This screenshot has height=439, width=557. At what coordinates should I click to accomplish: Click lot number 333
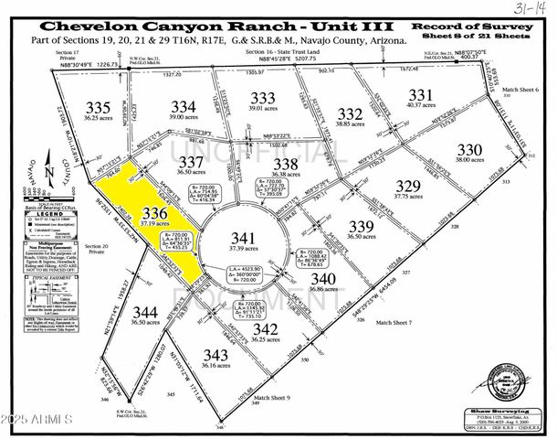pos(263,99)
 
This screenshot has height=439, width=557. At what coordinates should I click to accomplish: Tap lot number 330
pos(468,149)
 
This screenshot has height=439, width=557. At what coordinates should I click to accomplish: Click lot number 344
pos(145,313)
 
